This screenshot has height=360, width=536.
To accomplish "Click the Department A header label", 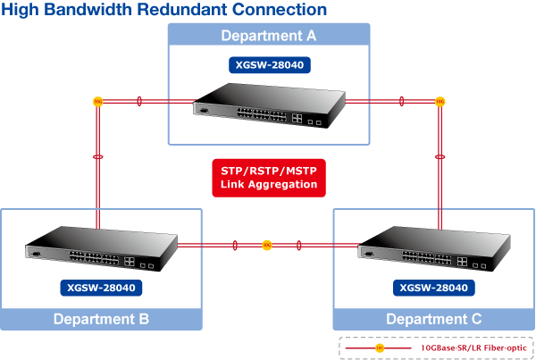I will pos(269,36).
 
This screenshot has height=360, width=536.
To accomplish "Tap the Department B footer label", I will pos(101,319).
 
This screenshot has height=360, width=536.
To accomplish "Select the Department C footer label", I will pos(433,319).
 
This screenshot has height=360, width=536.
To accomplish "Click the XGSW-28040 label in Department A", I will pos(269,65).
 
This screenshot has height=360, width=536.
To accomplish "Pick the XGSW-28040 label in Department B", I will pos(101,288).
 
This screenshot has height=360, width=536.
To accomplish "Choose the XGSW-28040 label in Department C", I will pos(433,288).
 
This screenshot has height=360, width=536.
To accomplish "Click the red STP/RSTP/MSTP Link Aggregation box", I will pos(269,177).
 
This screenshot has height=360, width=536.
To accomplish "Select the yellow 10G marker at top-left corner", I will pos(97,102).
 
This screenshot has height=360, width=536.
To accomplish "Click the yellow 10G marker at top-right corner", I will pos(440,102).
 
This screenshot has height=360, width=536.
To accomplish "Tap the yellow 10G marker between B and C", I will pos(266,245).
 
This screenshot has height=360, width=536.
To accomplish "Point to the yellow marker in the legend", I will pos(379,347).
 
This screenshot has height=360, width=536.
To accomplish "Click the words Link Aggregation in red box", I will pos(269,184).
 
